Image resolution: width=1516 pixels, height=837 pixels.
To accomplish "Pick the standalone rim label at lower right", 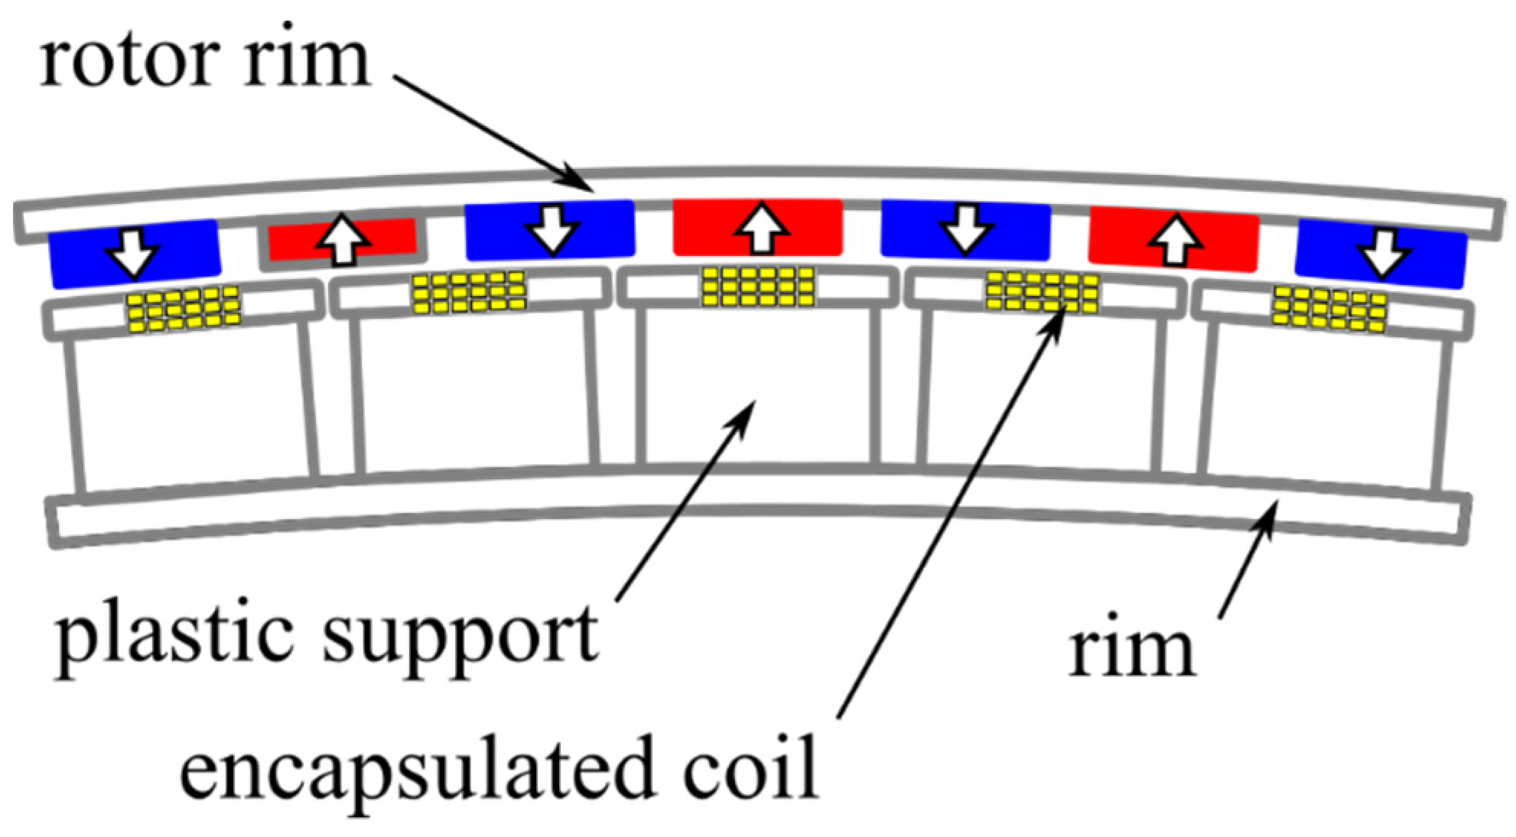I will (x=1131, y=650).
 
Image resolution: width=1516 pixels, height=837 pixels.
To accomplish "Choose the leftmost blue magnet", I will (x=135, y=253).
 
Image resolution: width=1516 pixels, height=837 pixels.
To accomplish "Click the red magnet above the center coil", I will (x=757, y=228).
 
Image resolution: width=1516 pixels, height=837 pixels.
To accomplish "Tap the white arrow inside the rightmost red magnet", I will (x=1174, y=240).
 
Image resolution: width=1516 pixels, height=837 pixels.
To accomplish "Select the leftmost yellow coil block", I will (x=184, y=308).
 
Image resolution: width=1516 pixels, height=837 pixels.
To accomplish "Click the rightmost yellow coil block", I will (x=1329, y=309).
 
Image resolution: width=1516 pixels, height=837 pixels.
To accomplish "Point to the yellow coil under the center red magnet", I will (x=758, y=287).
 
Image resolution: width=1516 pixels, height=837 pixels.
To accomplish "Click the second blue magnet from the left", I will (x=550, y=229).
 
